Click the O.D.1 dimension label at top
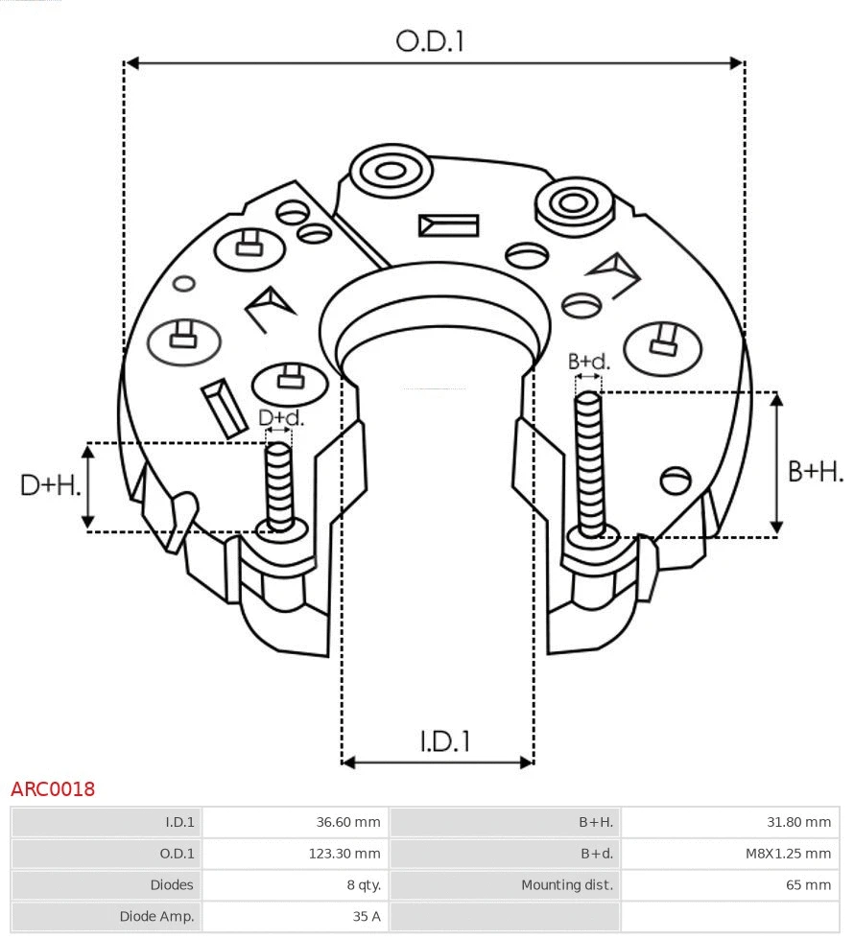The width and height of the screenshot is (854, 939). coord(430,41)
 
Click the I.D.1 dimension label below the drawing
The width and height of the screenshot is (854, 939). coord(444,740)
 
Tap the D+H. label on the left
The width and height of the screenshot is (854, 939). coord(50,485)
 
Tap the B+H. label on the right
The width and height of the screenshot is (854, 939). coord(815,471)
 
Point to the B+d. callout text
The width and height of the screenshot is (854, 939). coord(588,362)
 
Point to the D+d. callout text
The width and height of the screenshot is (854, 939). coord(281,418)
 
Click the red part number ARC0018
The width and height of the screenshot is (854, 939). coord(53,789)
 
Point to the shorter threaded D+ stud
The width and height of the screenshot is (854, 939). coord(279,484)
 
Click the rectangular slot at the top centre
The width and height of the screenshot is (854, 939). coord(448,225)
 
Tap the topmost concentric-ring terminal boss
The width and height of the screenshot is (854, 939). coord(390,173)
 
